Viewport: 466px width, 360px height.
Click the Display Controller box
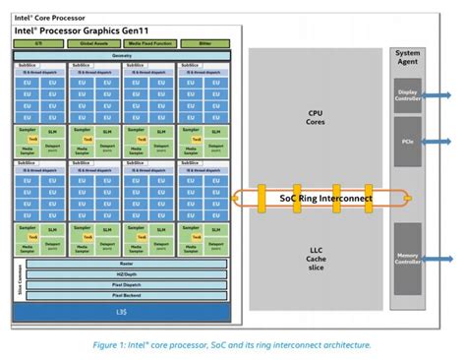[x=406, y=95]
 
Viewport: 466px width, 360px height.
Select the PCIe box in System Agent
[x=406, y=143]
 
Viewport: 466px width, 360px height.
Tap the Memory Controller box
[x=406, y=258]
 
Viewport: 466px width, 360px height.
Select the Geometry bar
[x=121, y=55]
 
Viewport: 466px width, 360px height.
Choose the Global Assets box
[x=94, y=43]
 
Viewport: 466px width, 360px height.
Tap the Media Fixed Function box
[x=149, y=43]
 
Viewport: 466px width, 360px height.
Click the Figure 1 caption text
[x=232, y=344]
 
